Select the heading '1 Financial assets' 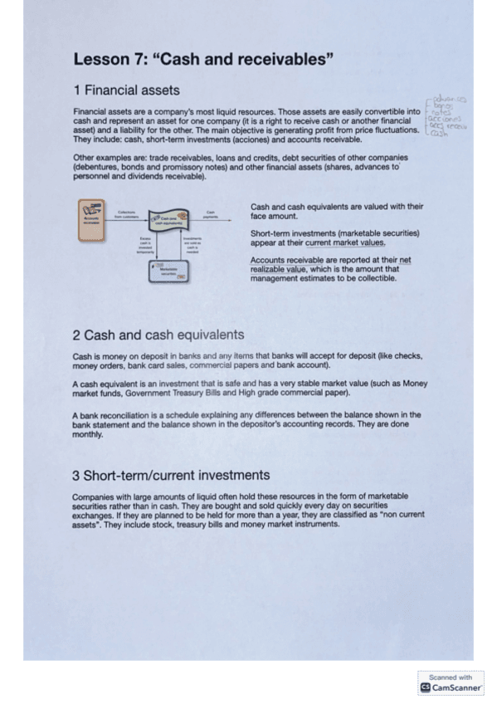[126, 90]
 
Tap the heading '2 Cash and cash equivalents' [158, 335]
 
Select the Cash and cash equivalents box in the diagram [168, 220]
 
